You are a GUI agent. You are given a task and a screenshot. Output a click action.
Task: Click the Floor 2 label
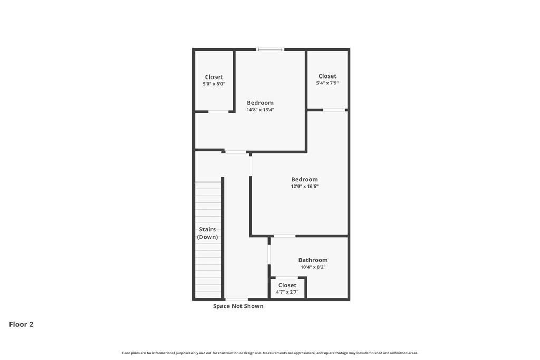[21, 324]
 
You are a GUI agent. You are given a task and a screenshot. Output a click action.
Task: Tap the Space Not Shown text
[238, 306]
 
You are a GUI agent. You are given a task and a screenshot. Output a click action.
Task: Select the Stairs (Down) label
[207, 233]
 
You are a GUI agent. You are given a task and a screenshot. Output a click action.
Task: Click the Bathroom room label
[313, 260]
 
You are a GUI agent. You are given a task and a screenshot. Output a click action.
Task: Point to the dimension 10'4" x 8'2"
[313, 267]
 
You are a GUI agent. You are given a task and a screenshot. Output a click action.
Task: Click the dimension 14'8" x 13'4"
[261, 110]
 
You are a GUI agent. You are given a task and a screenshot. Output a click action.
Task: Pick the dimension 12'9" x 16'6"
[305, 186]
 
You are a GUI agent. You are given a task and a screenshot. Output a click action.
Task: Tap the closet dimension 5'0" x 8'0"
[214, 84]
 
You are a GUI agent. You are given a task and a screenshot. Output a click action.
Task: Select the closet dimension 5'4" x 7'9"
[327, 83]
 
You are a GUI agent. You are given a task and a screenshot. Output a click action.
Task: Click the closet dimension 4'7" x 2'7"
[287, 292]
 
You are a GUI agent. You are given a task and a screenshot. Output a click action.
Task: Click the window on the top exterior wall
[270, 50]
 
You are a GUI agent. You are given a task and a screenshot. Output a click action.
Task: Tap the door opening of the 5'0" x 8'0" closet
[218, 112]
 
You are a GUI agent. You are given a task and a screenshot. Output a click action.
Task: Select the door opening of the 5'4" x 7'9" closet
[334, 110]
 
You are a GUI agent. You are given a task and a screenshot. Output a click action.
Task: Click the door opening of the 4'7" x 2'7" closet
[287, 278]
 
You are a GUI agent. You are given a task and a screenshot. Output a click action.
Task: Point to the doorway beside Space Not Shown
[236, 299]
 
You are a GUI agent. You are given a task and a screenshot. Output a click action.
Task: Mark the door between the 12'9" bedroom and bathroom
[285, 236]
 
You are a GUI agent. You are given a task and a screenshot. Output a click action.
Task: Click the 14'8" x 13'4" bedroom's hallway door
[236, 152]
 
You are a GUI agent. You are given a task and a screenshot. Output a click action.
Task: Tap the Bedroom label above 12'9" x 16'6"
[304, 179]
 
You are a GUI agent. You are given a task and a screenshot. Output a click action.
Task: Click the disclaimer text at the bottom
[270, 353]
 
